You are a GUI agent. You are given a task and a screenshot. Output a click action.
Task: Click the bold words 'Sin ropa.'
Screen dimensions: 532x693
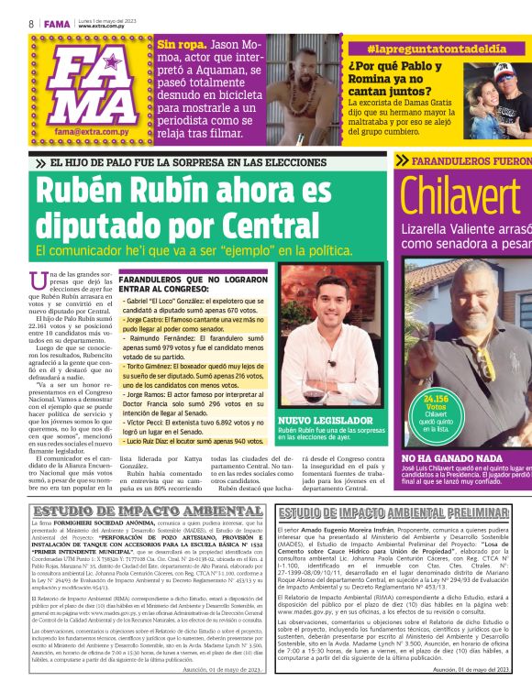[x=181, y=44]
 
